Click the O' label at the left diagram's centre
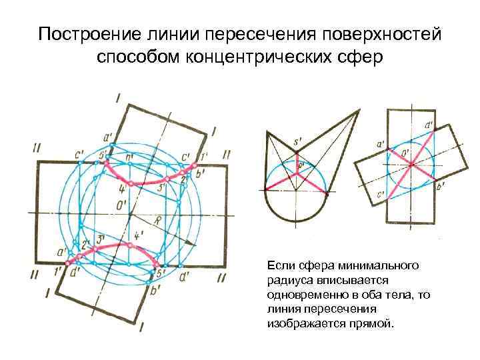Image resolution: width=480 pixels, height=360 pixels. pyautogui.click(x=122, y=206)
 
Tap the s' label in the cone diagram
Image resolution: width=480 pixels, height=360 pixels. pyautogui.click(x=298, y=142)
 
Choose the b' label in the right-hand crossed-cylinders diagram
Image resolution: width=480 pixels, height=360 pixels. pyautogui.click(x=441, y=189)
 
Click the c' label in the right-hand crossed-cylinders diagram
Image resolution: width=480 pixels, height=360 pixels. pyautogui.click(x=381, y=195)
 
